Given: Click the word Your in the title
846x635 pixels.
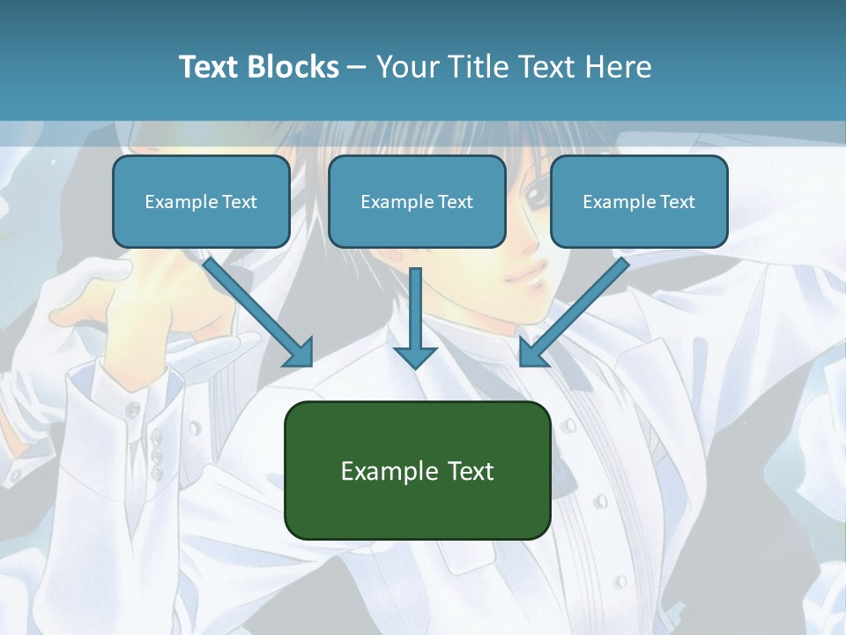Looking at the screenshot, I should (406, 67).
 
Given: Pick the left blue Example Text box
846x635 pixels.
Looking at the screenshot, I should (201, 202).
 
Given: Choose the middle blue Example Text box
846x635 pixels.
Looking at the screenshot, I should (417, 202).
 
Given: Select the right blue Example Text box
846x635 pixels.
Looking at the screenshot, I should (639, 202).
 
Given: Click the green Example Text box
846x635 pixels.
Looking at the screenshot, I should (417, 471).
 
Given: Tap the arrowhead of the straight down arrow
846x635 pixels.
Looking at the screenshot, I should (415, 355).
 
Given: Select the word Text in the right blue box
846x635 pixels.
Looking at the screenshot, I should (676, 202).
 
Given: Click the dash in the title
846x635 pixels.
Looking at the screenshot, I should (357, 67).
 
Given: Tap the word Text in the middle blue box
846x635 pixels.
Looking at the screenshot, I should (455, 202).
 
